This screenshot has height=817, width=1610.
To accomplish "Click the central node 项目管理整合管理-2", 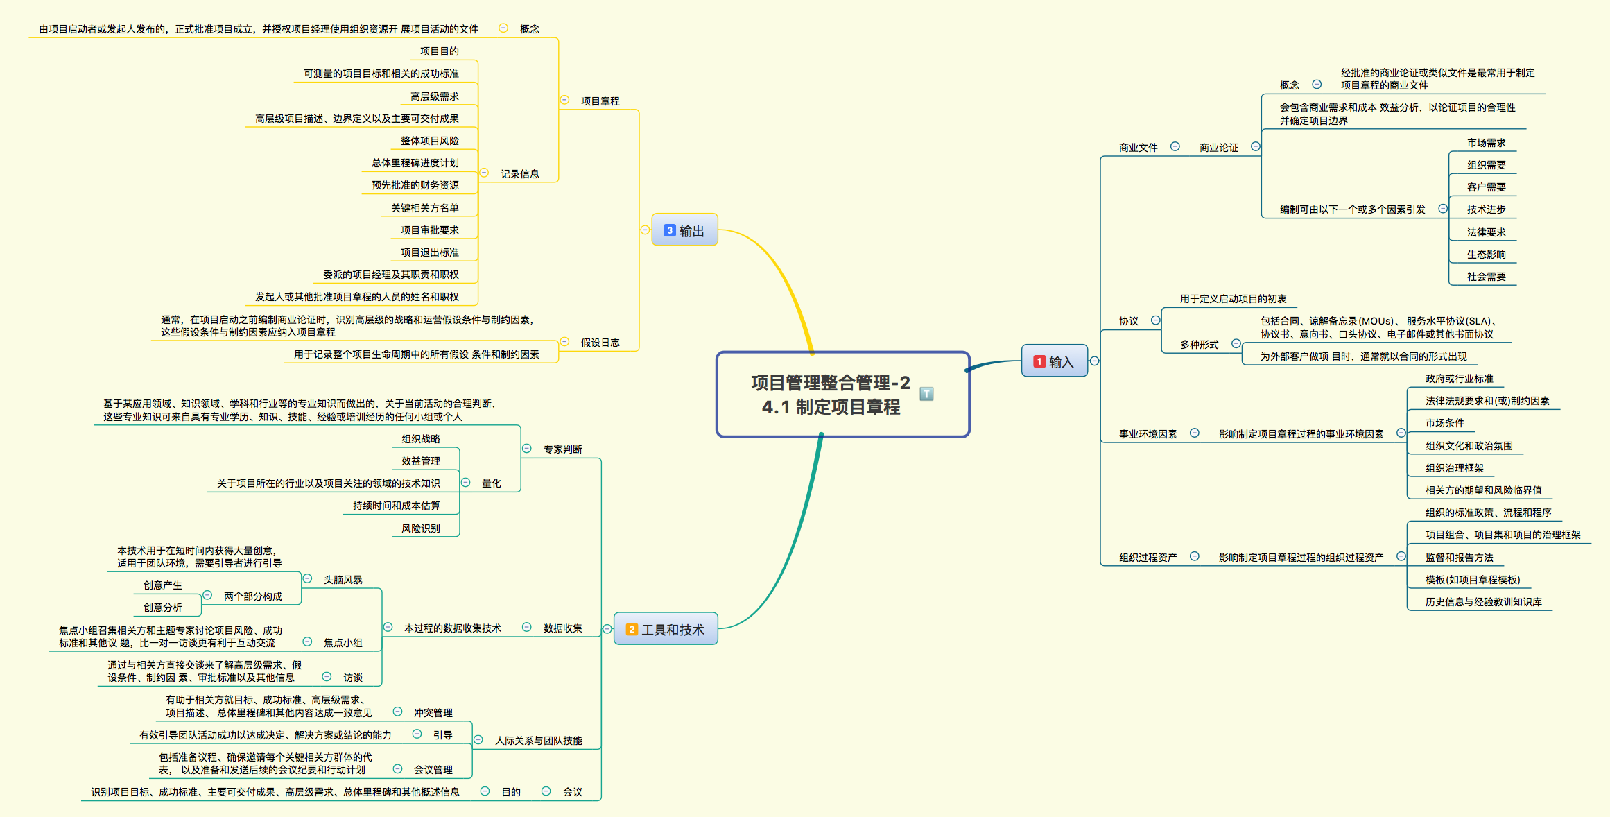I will click(831, 394).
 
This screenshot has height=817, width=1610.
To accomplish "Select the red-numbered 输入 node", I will click(1054, 361).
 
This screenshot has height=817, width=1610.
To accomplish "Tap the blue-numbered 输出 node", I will click(684, 230).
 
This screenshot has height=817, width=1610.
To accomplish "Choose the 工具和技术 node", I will click(666, 629).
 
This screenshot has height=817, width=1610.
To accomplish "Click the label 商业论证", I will click(1218, 148).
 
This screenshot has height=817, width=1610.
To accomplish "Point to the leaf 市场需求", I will click(1486, 143).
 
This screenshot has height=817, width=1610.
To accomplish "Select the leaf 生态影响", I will click(1486, 255).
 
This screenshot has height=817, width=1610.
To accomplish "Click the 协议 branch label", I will click(1128, 321).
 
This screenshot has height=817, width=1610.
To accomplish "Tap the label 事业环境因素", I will click(1148, 434).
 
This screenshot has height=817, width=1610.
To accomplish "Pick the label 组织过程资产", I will click(1148, 558).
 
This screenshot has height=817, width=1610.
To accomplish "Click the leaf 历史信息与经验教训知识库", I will click(1483, 602).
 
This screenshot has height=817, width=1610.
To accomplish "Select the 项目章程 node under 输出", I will click(600, 101).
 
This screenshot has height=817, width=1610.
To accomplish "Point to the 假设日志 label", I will click(600, 343).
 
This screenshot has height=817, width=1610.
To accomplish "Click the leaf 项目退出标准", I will click(429, 252).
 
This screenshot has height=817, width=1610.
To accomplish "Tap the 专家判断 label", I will click(562, 449).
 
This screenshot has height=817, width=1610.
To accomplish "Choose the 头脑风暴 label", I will click(343, 580).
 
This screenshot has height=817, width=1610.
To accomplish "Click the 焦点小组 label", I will click(343, 643).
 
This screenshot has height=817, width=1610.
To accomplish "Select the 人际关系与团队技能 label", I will click(538, 741).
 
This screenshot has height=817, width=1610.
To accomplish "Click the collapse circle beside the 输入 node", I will click(1094, 361).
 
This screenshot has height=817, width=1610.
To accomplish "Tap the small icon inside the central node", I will click(926, 394).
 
